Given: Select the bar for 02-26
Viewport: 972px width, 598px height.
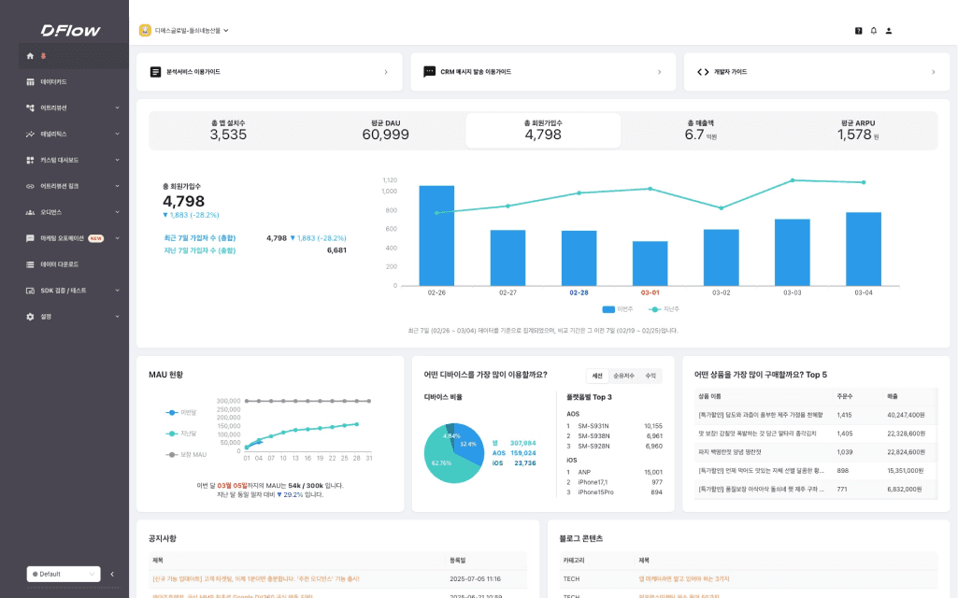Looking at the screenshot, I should [x=436, y=235].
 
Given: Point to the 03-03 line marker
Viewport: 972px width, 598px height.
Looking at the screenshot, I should [x=792, y=180].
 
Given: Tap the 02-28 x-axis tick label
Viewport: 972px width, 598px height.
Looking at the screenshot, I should [x=579, y=292].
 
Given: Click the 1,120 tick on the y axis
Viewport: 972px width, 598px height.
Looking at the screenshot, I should [x=389, y=179].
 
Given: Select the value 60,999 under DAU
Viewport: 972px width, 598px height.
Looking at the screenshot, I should [x=385, y=135].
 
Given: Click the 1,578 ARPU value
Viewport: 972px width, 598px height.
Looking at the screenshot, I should [x=854, y=135].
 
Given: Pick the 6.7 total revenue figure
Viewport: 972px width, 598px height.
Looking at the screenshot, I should [x=694, y=135].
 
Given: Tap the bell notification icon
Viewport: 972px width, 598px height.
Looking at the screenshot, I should [x=873, y=31].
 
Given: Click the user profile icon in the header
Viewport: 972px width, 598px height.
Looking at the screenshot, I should [x=889, y=31].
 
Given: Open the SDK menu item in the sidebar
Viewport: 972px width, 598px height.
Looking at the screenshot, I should [x=63, y=291].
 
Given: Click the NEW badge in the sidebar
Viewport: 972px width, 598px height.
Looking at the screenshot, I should [x=95, y=238].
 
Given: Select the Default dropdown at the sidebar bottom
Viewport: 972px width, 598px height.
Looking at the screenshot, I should [x=63, y=574].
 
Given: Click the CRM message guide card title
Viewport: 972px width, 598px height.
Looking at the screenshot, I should [x=476, y=72].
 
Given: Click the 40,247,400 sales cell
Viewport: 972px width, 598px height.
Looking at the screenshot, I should [x=906, y=415].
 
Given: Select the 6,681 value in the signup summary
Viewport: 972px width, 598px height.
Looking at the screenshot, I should [x=336, y=250].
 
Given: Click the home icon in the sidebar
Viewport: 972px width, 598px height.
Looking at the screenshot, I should [x=30, y=56].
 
